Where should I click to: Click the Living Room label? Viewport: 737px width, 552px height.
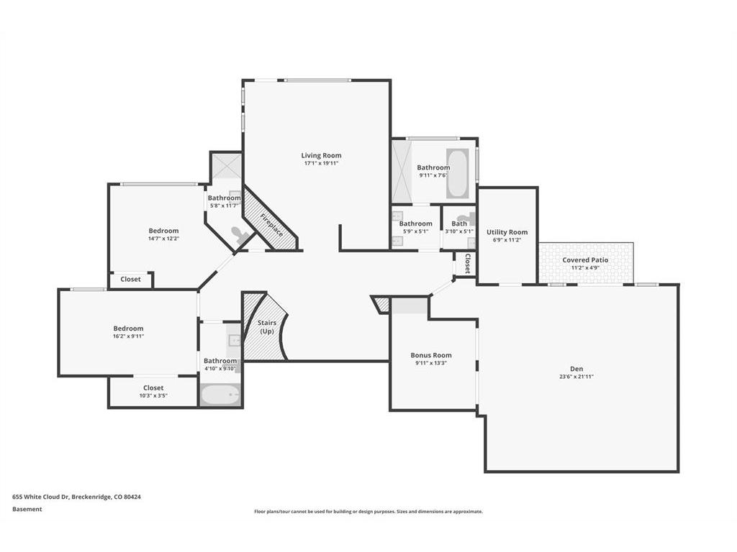tap(322, 155)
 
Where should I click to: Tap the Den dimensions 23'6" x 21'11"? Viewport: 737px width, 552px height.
tap(577, 377)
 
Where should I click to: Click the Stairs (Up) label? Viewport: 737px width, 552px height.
tap(266, 327)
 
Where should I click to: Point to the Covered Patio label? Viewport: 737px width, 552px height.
tap(585, 260)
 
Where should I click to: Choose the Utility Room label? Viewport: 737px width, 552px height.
tap(507, 232)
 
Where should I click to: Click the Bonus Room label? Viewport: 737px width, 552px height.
tap(431, 355)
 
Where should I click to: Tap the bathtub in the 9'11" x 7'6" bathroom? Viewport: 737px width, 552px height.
tap(457, 173)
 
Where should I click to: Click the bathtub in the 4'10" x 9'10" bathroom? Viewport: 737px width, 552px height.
tap(220, 395)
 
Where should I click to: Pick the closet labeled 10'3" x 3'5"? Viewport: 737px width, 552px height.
tap(153, 392)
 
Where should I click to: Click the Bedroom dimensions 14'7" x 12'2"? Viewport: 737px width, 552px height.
tap(163, 239)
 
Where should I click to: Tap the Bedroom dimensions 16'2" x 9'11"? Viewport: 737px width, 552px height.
tap(128, 336)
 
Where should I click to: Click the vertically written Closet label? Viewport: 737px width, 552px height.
tap(468, 264)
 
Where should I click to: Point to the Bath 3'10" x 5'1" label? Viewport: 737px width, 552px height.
tap(459, 227)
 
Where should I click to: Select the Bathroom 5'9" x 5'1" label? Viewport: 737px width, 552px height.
tap(415, 227)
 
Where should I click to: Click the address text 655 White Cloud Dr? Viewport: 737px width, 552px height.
tap(41, 497)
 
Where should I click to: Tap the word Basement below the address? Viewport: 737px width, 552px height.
tap(27, 509)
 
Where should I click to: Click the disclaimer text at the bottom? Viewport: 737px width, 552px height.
tap(368, 512)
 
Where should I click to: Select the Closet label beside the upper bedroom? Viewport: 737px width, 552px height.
tap(130, 279)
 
